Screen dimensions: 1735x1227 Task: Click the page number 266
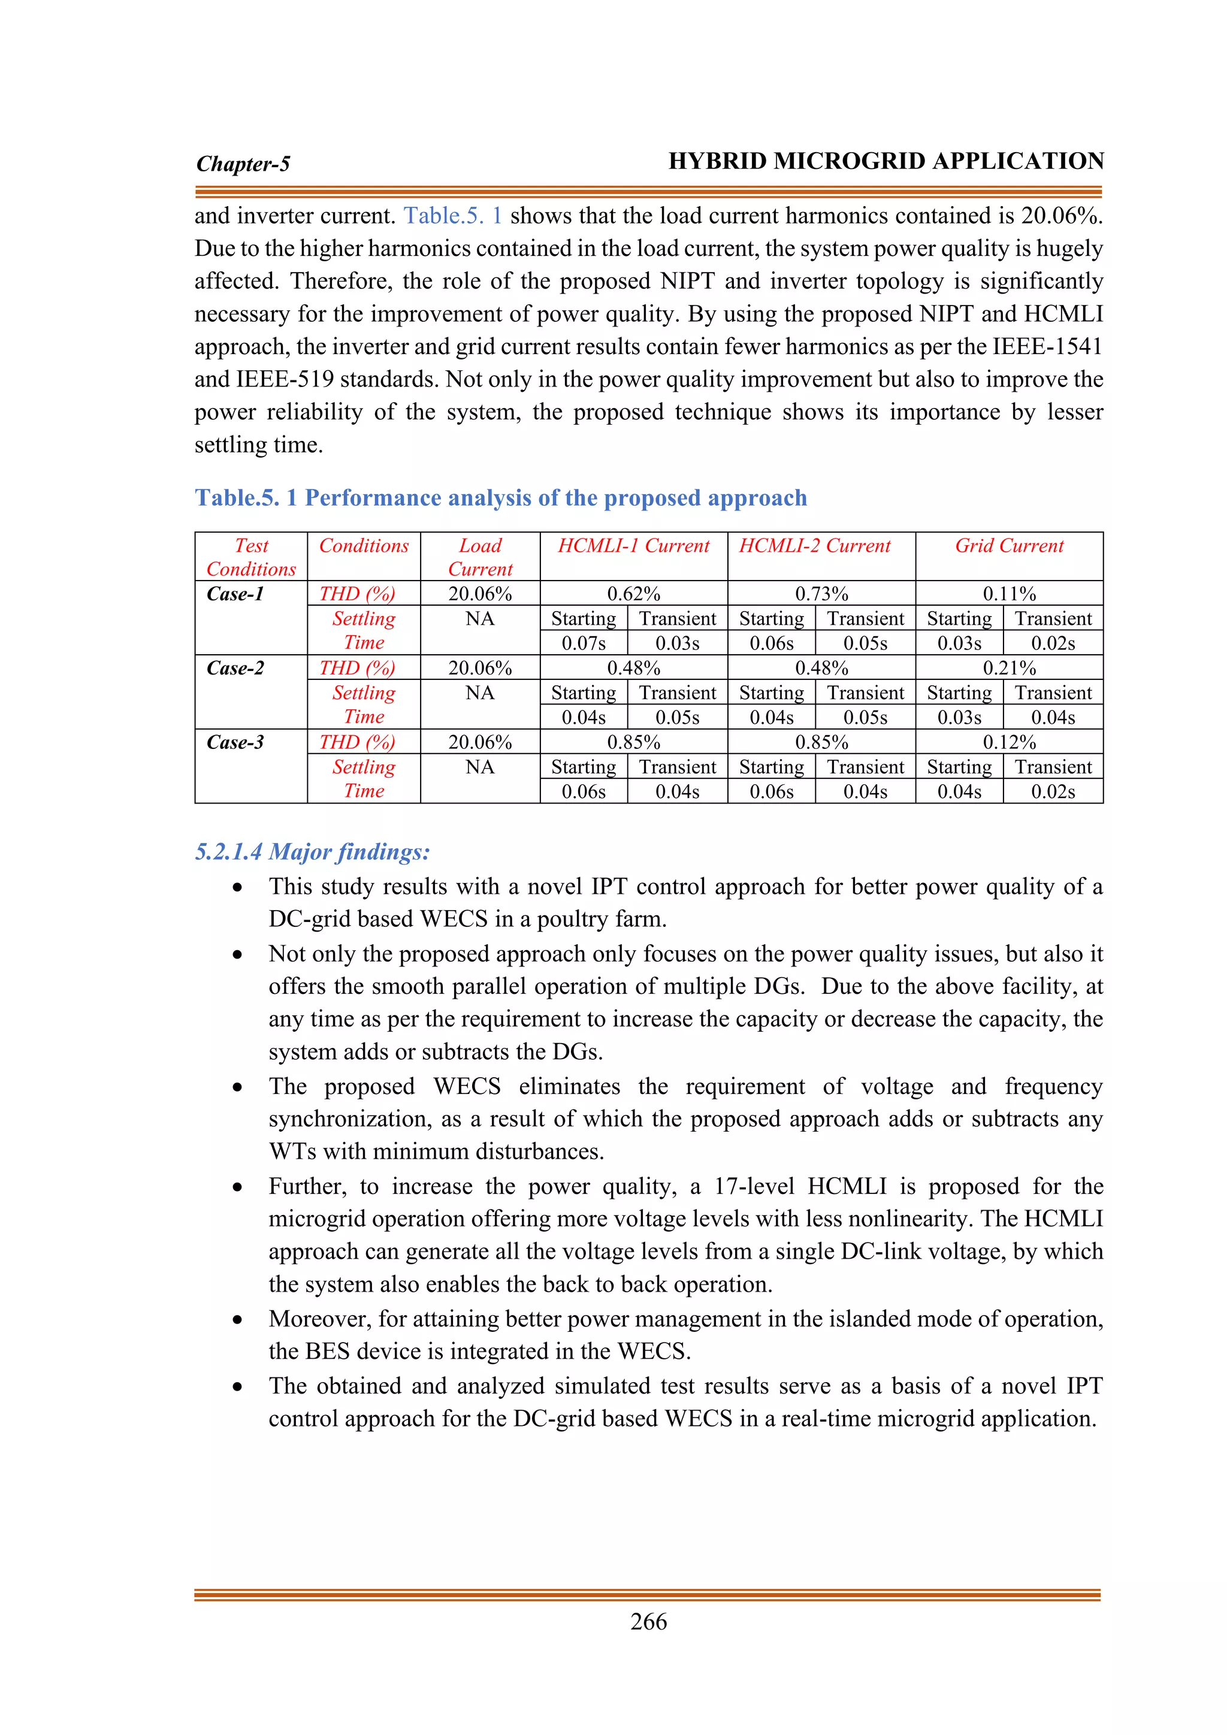(648, 1622)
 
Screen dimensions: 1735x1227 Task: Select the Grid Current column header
(1009, 546)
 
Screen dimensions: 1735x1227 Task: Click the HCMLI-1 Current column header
(633, 546)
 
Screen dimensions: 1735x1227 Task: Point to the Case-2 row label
(235, 668)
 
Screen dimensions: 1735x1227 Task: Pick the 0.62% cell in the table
(633, 594)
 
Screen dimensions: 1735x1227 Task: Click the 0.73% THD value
(821, 594)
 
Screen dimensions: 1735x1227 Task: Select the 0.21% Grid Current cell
(1009, 668)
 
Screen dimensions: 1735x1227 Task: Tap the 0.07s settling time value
(584, 643)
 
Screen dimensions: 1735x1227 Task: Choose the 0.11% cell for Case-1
(1009, 594)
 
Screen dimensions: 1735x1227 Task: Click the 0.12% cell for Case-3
(1009, 742)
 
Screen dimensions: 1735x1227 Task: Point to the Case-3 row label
(235, 742)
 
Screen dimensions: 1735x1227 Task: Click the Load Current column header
(480, 557)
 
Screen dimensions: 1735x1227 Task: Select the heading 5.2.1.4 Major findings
(312, 852)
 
